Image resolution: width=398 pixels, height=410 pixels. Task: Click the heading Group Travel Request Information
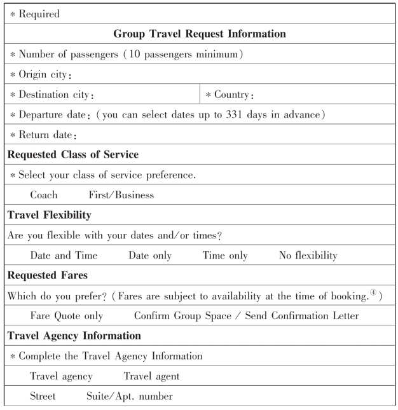point(199,34)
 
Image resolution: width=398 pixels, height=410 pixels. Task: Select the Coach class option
point(43,195)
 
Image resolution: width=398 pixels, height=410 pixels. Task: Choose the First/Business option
point(121,195)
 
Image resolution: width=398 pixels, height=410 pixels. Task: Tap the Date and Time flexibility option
point(64,256)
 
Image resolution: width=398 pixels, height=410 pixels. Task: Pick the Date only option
point(150,256)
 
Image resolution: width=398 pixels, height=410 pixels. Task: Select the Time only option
point(225,256)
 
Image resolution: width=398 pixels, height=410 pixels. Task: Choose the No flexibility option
point(308,256)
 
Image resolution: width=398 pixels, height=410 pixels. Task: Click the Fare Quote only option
point(66,316)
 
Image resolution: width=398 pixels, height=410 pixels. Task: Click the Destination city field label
point(55,95)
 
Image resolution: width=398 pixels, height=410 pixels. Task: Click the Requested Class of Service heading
point(73,154)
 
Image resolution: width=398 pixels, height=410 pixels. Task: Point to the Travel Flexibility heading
point(50,215)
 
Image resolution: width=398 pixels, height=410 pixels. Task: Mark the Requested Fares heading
point(48,275)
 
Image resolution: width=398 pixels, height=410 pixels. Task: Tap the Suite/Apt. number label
point(129,396)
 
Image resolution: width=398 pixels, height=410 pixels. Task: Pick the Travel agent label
point(151,376)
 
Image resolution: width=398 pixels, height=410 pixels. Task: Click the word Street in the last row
point(43,396)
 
